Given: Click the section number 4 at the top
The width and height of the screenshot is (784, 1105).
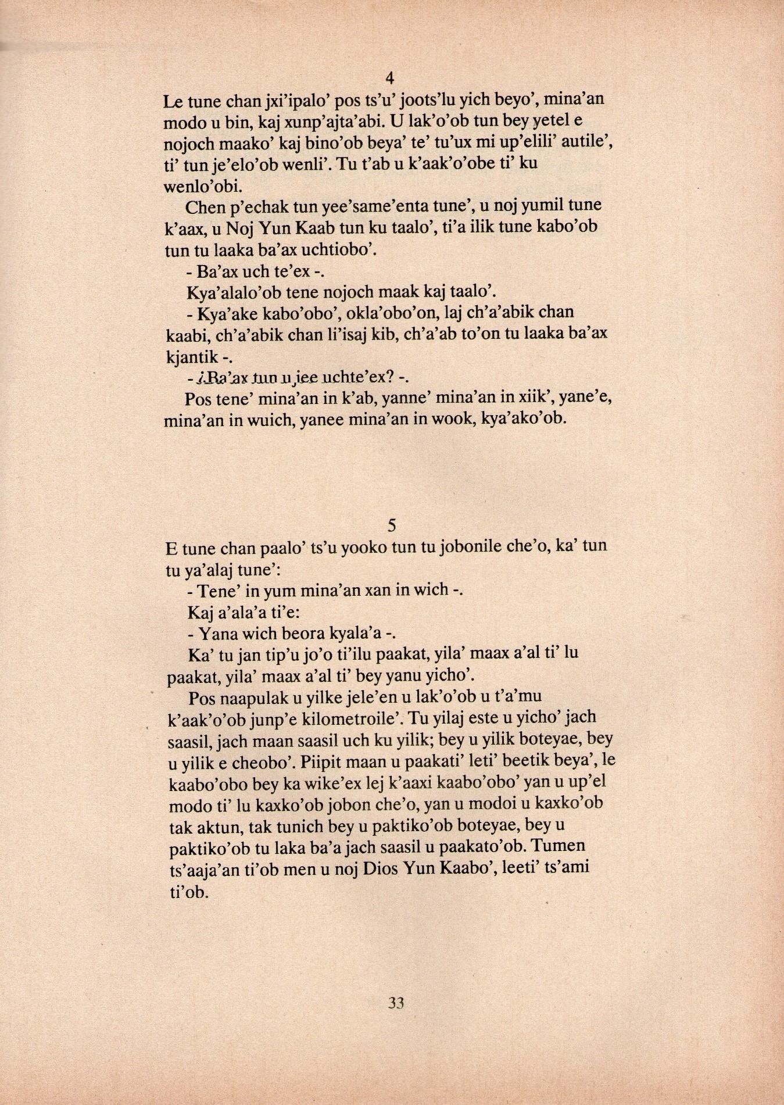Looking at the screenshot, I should [x=391, y=78].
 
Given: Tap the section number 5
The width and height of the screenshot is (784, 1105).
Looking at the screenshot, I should [x=392, y=525].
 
